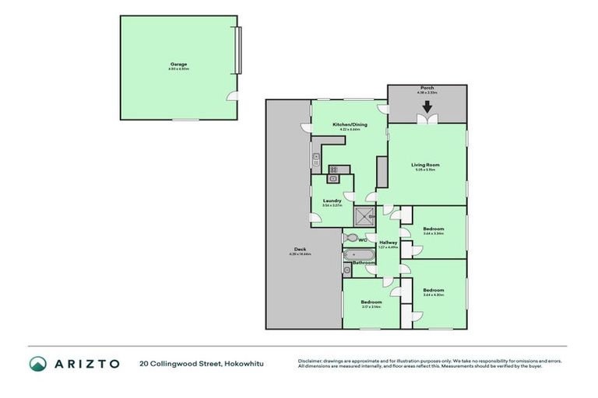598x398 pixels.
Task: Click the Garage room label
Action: [x=179, y=65]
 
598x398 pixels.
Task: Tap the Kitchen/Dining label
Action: [x=350, y=124]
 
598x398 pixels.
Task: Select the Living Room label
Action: [x=427, y=165]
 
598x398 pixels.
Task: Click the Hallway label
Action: [x=389, y=243]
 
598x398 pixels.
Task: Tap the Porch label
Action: [x=427, y=89]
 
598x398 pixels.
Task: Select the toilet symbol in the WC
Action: [x=351, y=238]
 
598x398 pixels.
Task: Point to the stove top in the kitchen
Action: [x=334, y=169]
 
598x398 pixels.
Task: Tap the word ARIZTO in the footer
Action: [x=87, y=364]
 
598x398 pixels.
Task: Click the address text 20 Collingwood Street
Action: [x=178, y=364]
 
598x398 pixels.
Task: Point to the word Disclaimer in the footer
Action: [x=311, y=359]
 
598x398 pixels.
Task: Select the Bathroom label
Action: [x=364, y=264]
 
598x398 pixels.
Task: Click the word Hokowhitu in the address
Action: [x=241, y=364]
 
